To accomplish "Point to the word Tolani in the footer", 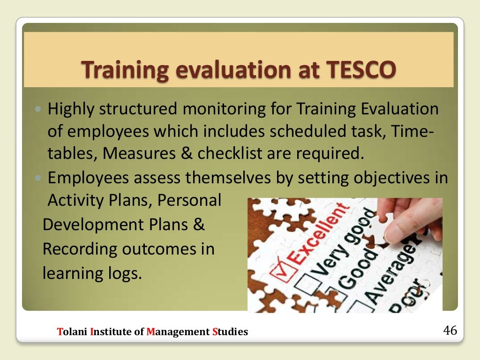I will coord(72,332).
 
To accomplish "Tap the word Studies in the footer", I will coord(230,332).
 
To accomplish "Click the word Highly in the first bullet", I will coord(74,110).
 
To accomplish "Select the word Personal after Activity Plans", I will coord(189,201).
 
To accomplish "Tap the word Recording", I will coord(80,249).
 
